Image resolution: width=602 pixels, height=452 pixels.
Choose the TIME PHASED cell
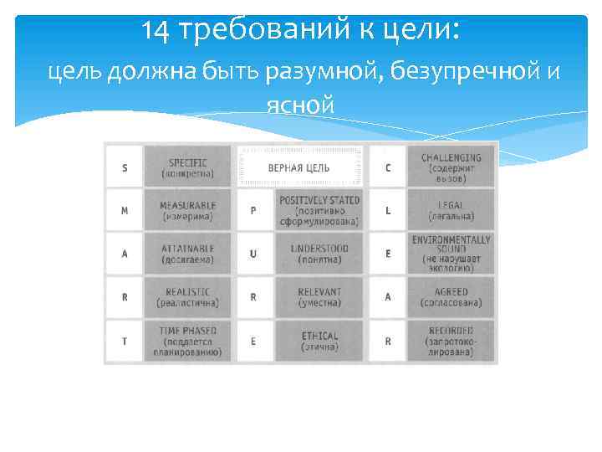pos(190,342)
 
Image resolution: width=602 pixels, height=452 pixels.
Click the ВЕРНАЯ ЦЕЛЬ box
pos(300,167)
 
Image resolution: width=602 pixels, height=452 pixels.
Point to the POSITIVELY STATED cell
pos(319,210)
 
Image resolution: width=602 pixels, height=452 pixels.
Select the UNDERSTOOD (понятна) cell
pos(319,254)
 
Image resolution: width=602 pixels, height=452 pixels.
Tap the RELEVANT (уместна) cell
pos(319,296)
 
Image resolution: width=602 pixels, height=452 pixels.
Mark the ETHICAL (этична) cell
pos(319,342)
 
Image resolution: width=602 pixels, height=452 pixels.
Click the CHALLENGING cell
pos(451,167)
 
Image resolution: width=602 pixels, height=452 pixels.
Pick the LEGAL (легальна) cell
pos(451,210)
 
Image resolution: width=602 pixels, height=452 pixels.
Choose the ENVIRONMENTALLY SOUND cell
pos(451,254)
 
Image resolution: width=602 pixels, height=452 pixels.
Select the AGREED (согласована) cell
pos(451,296)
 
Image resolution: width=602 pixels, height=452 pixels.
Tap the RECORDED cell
pos(451,342)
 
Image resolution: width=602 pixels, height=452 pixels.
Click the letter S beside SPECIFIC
pos(125,167)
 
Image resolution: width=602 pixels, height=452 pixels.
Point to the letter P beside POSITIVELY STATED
pos(254,211)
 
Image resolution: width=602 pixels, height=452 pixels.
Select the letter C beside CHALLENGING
pos(387,167)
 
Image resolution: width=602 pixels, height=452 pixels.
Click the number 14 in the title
pos(156,31)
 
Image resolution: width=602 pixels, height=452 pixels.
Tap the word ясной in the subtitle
pos(300,106)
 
